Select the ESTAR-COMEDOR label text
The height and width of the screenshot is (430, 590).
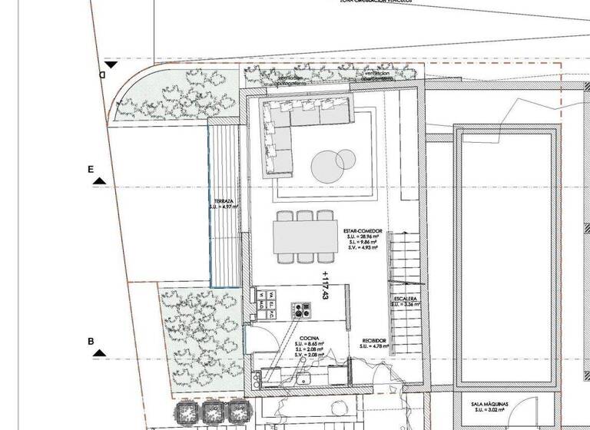[x=360, y=230]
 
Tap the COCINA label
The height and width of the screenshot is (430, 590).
[x=310, y=337]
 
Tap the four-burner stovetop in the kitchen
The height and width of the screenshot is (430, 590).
[x=299, y=310]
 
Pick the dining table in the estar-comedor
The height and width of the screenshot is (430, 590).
[x=305, y=237]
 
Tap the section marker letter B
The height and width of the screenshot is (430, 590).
[x=91, y=341]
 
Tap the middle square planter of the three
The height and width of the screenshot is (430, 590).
[x=210, y=412]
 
